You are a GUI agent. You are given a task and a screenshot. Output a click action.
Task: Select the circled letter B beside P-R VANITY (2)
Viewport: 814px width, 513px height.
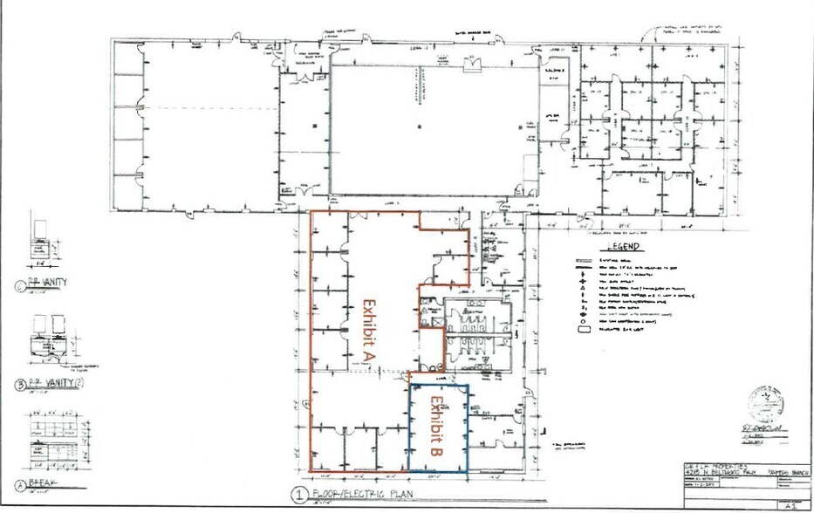tap(20, 384)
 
